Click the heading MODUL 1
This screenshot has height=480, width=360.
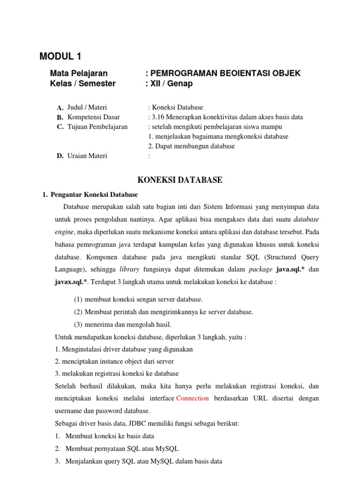(x=60, y=57)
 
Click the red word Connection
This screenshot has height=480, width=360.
(x=192, y=398)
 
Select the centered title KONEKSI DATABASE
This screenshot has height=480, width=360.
(x=179, y=180)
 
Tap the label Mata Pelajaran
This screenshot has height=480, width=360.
(x=78, y=73)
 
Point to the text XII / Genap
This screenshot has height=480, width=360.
(x=171, y=84)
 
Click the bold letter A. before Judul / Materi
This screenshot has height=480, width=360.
(x=60, y=108)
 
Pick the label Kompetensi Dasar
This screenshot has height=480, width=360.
(x=93, y=117)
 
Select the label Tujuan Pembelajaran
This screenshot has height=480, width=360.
(x=97, y=127)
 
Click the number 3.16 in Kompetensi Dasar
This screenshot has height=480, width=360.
(x=160, y=117)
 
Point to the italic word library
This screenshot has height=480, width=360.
(x=129, y=270)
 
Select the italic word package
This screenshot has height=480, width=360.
(x=260, y=270)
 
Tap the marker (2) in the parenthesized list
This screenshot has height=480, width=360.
(x=78, y=312)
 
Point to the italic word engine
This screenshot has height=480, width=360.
(x=65, y=232)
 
